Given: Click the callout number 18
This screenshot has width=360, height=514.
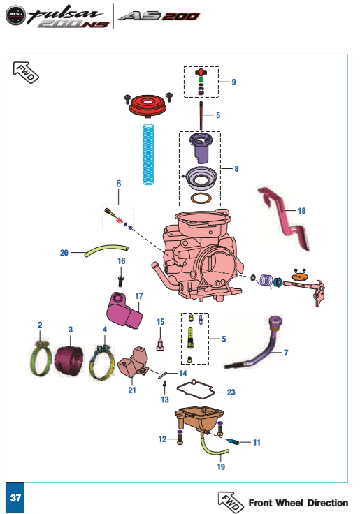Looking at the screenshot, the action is pos(302,211).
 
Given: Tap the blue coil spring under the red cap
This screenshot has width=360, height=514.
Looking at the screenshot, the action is pos(148,154).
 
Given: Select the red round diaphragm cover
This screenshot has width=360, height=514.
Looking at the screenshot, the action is pos(147,105).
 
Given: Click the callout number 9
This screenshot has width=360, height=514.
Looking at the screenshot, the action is pos(233,82).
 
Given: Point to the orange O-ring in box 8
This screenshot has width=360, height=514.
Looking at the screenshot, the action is pos(201,198).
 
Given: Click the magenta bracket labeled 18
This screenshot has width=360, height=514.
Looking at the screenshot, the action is pos(284,218).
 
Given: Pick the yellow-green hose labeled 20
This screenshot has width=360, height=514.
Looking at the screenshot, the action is pos(106,250).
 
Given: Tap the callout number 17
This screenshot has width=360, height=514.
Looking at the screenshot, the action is pos(139,296).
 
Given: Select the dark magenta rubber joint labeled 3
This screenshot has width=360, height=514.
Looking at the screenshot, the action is pos(69,360).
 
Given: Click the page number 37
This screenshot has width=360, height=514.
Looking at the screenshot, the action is pos(15,498).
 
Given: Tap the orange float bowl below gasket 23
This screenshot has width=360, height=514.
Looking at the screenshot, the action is pos(199,420).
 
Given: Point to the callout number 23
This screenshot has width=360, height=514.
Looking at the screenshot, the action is pos(231,392).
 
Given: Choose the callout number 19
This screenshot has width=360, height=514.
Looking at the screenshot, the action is pos(221,467).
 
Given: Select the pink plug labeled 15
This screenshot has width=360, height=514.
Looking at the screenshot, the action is pos(160,345).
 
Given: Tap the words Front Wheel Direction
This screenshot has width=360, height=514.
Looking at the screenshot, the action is pos(298,503).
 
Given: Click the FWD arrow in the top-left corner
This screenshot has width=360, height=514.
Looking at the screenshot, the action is pos(26,73).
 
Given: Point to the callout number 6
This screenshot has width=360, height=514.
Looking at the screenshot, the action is pos(119,184).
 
